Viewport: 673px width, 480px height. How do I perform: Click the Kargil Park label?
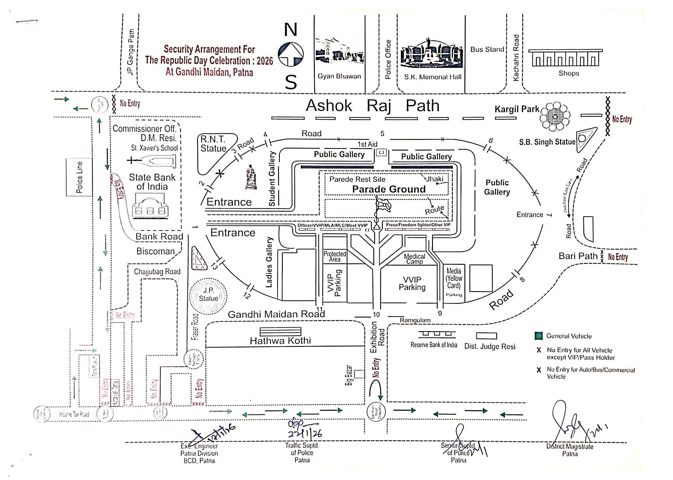click(517, 109)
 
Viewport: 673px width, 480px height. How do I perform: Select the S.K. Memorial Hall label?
click(433, 77)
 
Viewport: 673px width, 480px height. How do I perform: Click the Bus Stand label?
click(487, 50)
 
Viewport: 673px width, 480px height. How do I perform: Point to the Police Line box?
click(79, 177)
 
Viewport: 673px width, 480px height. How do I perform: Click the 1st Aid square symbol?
click(381, 153)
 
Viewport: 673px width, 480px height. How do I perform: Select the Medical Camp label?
click(415, 259)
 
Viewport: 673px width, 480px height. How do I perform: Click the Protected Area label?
click(335, 256)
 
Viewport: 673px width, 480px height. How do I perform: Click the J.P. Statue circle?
click(208, 296)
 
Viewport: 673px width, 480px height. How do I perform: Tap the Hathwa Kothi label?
click(280, 341)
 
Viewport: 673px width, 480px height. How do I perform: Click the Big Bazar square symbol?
click(359, 374)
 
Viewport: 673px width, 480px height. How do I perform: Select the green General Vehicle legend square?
click(538, 336)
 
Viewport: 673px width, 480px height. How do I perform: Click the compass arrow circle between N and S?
click(291, 55)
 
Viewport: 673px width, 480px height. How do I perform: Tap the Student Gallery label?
click(272, 179)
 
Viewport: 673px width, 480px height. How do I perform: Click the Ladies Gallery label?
click(269, 262)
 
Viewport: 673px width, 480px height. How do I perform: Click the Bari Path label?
click(578, 256)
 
